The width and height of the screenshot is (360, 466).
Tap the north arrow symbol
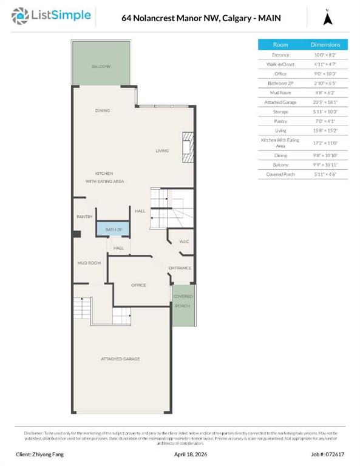coord(328,18)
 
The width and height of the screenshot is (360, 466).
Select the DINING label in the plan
coord(103,110)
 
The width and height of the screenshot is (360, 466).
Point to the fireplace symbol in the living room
coord(189,146)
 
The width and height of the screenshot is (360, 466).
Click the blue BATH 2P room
coord(114,230)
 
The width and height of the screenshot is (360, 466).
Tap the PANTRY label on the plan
coord(84,217)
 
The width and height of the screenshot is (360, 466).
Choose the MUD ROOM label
coord(89,263)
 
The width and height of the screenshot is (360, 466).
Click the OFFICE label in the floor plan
coord(139,285)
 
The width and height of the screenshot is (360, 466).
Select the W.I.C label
coord(185,241)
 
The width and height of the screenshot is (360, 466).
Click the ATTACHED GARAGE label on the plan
coord(120,359)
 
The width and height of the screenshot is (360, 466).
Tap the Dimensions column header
coord(325,45)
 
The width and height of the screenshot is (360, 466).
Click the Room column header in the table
coord(280,45)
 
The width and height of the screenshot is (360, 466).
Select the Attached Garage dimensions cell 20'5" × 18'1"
coord(325,101)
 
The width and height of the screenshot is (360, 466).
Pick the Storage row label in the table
coord(280,111)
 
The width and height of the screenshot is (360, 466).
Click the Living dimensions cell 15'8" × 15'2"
coord(325,130)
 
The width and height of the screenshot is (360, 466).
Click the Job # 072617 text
coord(327,454)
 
